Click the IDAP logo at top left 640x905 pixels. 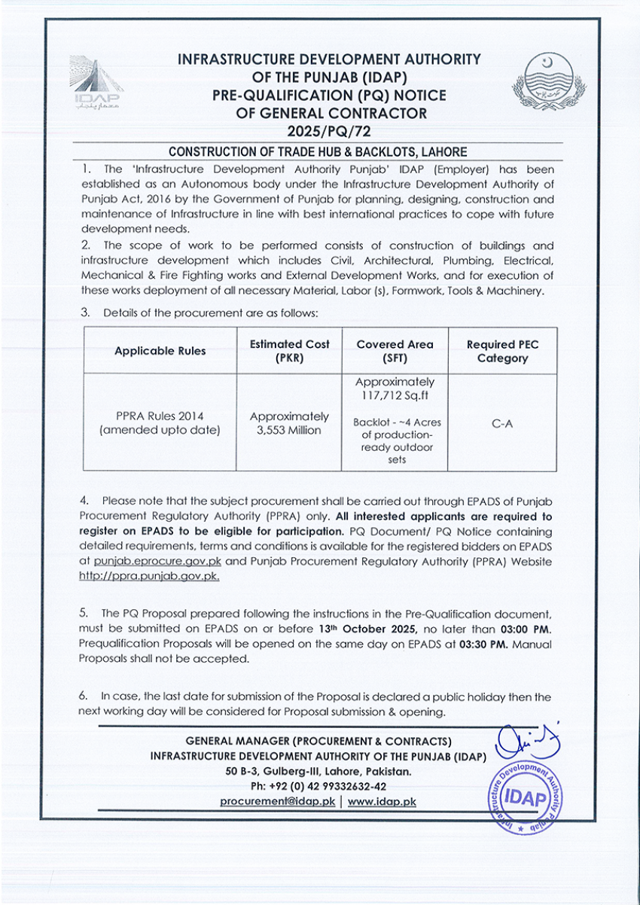point(94,83)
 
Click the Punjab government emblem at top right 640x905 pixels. point(547,84)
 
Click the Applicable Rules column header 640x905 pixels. point(160,351)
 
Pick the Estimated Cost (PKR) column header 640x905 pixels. point(289,351)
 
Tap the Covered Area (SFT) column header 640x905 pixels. point(395,351)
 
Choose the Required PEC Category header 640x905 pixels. point(502,351)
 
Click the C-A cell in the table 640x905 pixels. point(502,424)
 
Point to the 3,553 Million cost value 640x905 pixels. point(289,430)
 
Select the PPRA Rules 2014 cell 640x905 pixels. point(160,416)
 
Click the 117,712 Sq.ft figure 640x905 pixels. point(395,395)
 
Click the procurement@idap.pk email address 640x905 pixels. point(277,802)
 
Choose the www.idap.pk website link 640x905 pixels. point(382,802)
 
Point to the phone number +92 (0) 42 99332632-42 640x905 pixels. point(317,787)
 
